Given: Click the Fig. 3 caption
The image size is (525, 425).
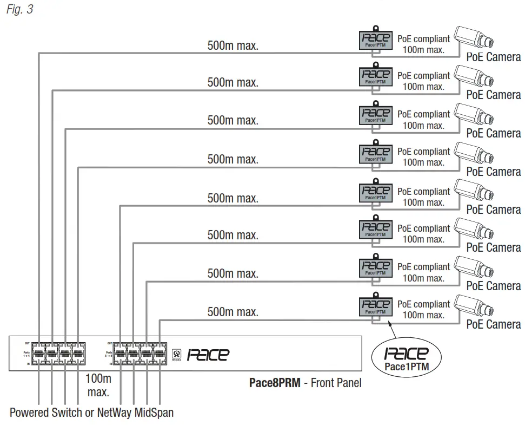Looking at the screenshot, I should point(20,10).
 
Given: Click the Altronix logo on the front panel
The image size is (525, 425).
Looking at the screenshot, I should point(176,352).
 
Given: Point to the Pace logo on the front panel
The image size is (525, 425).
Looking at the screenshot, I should point(208,355).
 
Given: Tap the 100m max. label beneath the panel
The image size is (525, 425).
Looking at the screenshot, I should point(98,384).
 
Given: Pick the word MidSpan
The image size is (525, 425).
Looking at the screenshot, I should point(154,413).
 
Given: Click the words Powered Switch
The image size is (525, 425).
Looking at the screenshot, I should point(46,413).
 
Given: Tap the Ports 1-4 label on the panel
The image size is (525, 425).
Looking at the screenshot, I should point(26,355).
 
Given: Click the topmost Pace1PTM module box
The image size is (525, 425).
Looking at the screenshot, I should point(375,41).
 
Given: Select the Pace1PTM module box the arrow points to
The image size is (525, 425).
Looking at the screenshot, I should point(375,307).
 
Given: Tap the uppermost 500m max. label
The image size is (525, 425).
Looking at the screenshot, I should point(233,45).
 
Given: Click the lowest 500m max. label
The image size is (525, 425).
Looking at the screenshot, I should point(233,312).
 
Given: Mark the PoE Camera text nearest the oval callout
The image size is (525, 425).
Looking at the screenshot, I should point(493,324).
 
